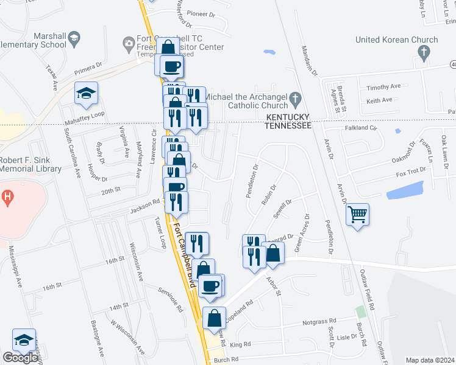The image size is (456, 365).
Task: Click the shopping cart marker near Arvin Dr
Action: click(x=357, y=214)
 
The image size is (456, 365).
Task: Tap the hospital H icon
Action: click(x=7, y=197)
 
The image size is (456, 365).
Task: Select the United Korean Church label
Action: click(x=397, y=40)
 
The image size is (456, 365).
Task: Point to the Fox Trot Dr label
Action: click(x=410, y=172)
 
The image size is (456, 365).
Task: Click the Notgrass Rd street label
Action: click(x=319, y=321)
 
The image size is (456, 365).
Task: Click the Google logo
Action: click(x=20, y=358)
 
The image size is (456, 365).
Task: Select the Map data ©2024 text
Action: click(x=430, y=360)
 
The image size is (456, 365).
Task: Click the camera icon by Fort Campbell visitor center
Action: click(x=129, y=42)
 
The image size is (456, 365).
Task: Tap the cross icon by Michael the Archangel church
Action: click(x=295, y=98)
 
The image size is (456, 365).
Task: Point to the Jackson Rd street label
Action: click(x=144, y=210)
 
